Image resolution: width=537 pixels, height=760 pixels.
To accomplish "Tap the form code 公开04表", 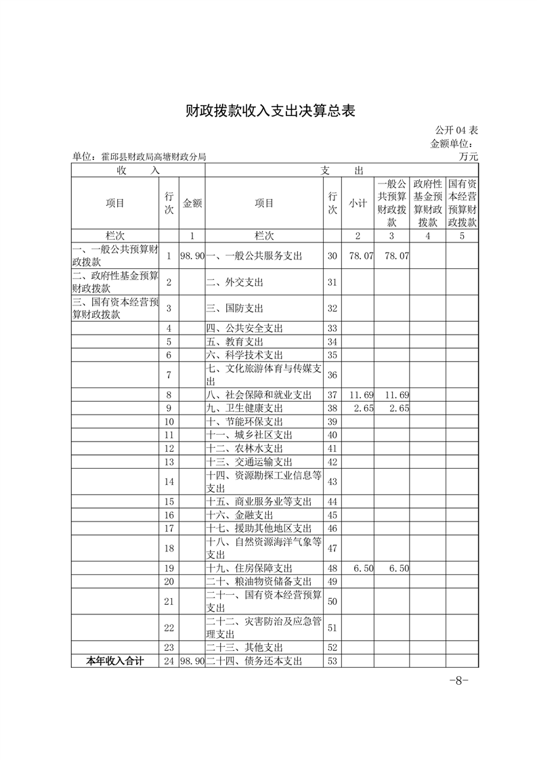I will click(456, 130).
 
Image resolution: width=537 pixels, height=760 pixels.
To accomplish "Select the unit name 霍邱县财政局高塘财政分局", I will click(139, 156).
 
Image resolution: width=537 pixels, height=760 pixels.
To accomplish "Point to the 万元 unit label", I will click(468, 156).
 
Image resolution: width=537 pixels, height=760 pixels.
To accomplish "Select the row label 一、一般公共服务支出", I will click(254, 256).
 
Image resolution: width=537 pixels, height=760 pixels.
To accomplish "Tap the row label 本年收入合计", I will click(115, 661).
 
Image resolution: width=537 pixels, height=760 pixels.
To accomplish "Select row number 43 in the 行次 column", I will click(332, 482).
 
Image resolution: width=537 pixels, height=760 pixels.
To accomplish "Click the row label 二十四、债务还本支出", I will click(254, 661).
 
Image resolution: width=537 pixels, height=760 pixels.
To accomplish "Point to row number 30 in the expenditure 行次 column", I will click(332, 256).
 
